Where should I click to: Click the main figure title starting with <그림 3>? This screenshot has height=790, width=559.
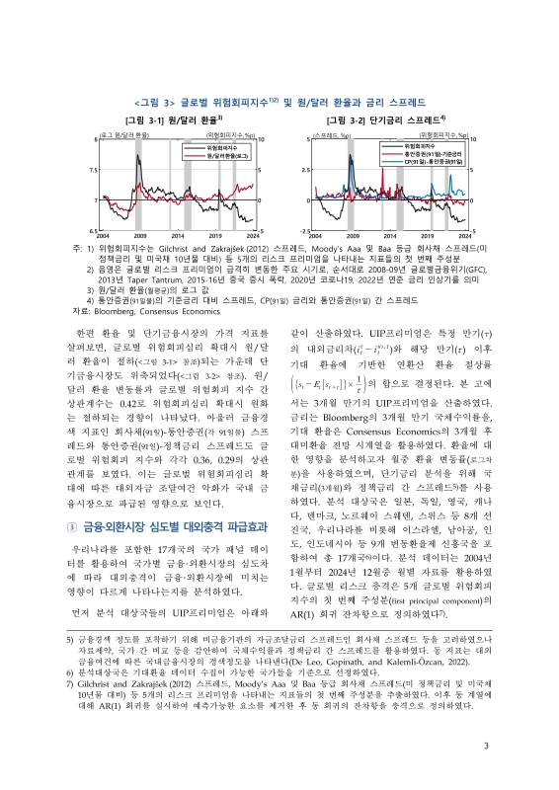[x=279, y=101]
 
